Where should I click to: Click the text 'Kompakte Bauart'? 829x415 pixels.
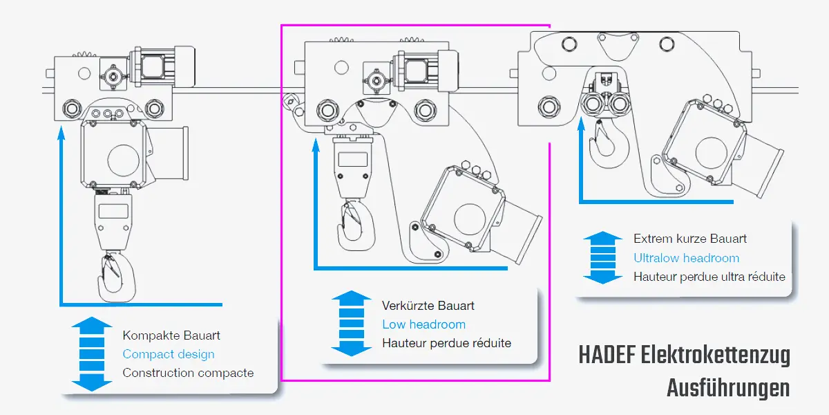point(171,335)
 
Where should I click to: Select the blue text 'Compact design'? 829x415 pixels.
point(169,354)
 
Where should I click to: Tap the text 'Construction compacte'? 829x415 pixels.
point(188,373)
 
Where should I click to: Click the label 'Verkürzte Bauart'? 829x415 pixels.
point(428,305)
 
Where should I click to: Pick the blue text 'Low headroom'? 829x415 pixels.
point(423,324)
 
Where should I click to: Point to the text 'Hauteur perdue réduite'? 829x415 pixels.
point(446,343)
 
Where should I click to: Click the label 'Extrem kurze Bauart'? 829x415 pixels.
point(690,239)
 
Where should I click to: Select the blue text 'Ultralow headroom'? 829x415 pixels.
point(686,258)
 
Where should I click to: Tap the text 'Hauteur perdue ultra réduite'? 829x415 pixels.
point(709,277)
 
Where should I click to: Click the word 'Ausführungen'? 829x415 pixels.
point(728,388)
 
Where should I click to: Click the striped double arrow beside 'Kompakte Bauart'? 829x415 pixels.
point(91,354)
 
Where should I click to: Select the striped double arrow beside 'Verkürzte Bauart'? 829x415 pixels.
point(352,324)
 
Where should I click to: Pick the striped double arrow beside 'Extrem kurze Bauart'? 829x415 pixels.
point(603,258)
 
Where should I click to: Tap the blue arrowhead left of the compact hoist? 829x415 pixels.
point(61,131)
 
